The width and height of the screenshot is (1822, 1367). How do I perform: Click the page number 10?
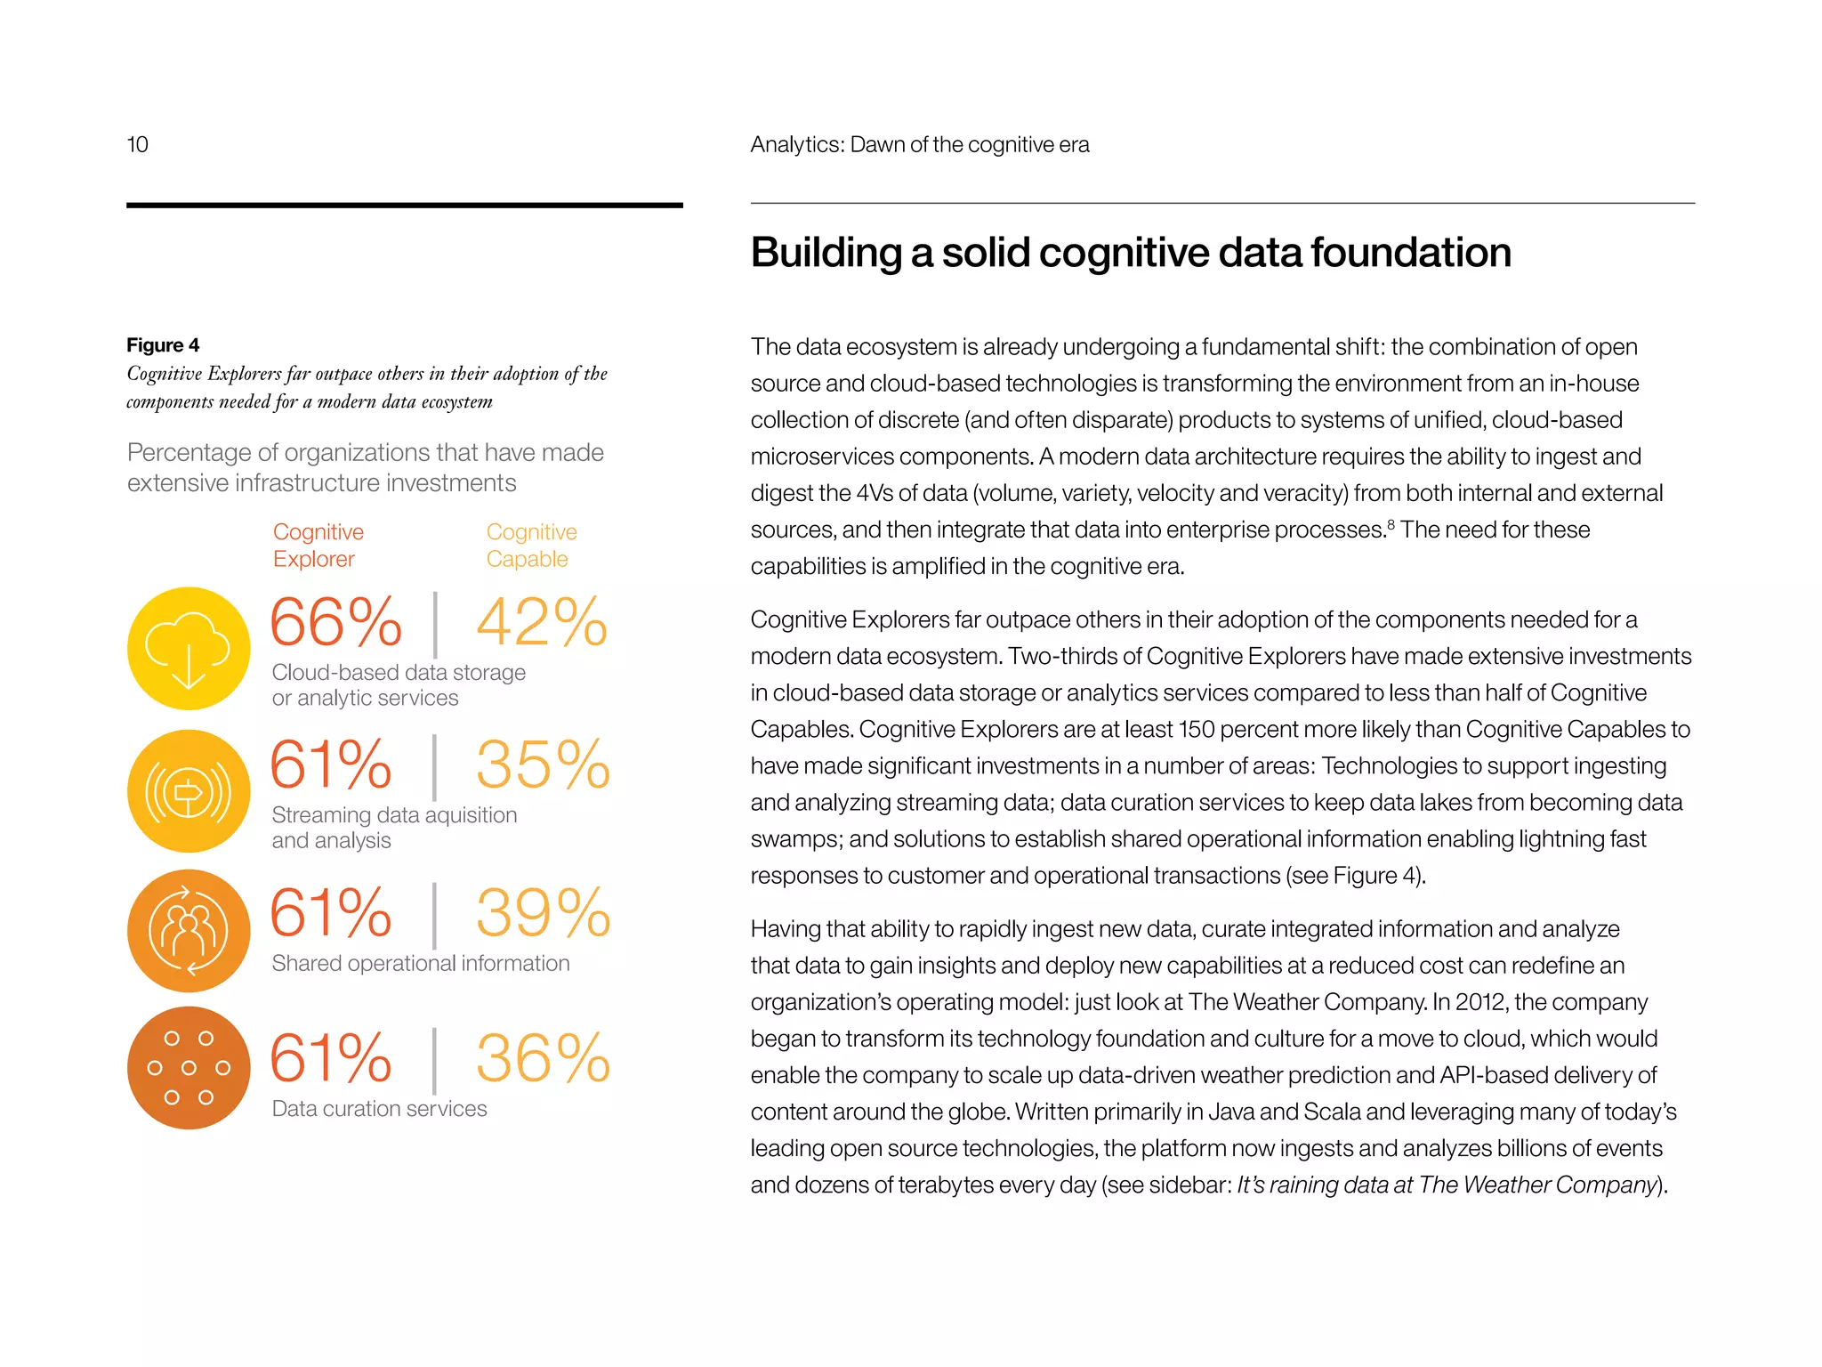tap(137, 144)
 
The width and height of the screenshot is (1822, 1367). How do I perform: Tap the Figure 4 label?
tap(163, 345)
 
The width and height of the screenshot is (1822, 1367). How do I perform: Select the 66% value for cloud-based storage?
tap(335, 622)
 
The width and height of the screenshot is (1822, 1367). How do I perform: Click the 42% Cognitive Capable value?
tap(542, 622)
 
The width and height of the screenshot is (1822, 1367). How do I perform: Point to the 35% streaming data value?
tap(543, 765)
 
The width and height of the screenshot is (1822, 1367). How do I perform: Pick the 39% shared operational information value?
tap(543, 913)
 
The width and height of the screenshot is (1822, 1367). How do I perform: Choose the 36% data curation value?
tap(543, 1059)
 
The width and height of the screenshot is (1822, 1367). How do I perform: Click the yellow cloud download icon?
tap(189, 649)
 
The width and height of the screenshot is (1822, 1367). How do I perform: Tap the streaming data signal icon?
tap(189, 791)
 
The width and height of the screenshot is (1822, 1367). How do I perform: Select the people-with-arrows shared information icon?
tap(189, 931)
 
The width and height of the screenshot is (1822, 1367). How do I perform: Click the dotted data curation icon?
tap(189, 1068)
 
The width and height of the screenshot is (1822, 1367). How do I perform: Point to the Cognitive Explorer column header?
tap(318, 545)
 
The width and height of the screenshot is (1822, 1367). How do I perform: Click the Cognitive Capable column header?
tap(531, 545)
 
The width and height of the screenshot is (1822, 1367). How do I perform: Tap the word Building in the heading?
tap(826, 253)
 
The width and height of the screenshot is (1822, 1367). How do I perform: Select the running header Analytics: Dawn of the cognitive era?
tap(919, 144)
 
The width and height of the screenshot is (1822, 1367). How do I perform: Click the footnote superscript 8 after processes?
tap(1391, 523)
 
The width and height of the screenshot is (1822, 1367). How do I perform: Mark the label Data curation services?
tap(379, 1109)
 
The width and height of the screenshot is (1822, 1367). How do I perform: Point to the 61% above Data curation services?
tap(331, 1059)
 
